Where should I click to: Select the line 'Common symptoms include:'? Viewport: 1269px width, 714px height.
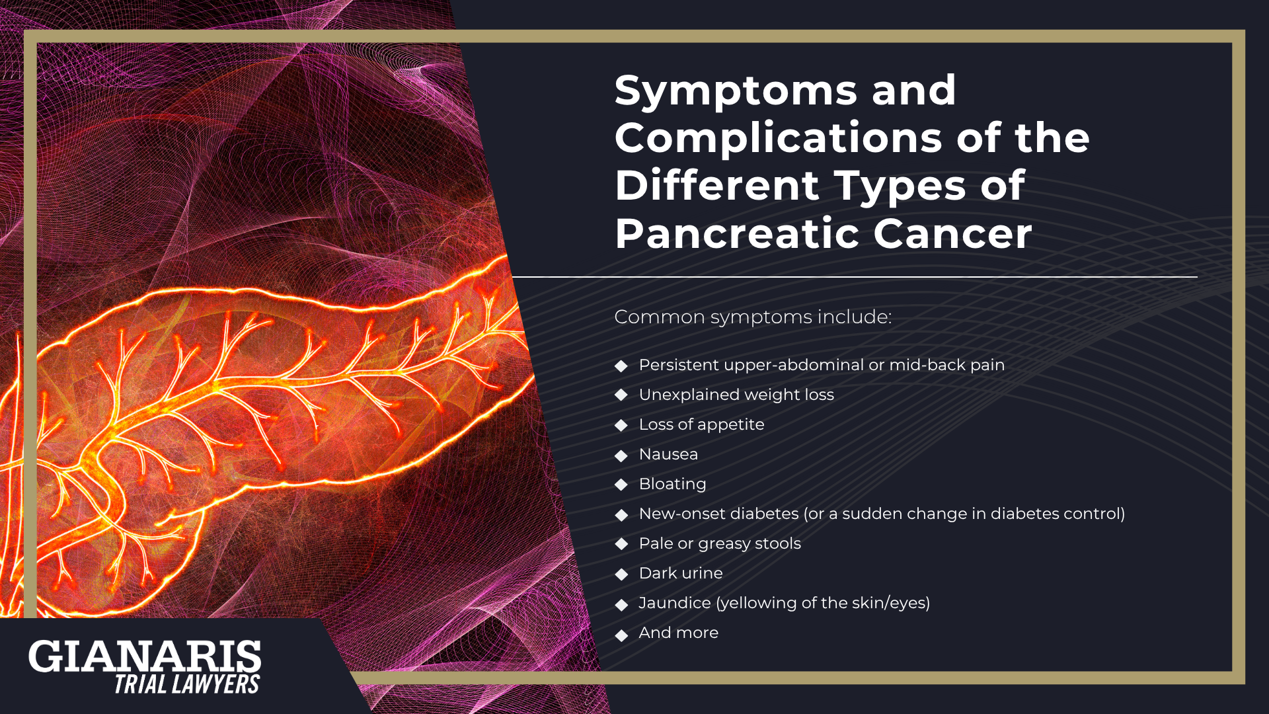point(753,317)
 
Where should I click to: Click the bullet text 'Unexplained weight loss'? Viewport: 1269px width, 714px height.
point(736,395)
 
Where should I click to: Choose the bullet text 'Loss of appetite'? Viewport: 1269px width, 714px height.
point(701,424)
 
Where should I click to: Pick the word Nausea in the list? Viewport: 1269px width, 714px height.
point(668,454)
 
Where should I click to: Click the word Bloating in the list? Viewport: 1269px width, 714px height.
point(672,484)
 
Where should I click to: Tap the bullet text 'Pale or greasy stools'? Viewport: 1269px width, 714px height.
point(720,543)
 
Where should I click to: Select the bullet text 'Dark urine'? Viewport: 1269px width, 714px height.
point(681,573)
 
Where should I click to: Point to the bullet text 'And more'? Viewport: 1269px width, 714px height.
point(678,633)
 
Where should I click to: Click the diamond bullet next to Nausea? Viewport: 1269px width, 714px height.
point(621,456)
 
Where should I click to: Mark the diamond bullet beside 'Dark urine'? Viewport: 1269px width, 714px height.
point(621,575)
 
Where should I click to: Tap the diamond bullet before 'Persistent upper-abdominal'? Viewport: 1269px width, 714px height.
point(621,366)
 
